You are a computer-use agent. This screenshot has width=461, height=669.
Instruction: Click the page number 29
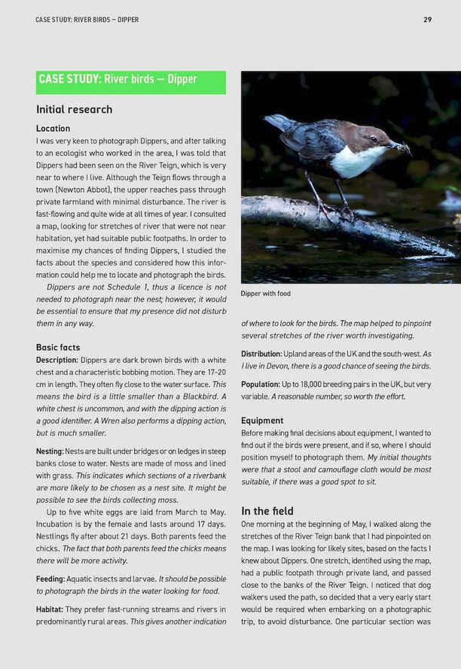(427, 19)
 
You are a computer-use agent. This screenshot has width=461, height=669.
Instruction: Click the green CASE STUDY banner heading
(118, 80)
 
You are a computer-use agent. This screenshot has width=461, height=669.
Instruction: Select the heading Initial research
(74, 109)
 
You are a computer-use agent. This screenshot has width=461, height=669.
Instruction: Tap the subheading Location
(53, 129)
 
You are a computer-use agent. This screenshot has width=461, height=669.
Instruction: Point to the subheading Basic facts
(58, 348)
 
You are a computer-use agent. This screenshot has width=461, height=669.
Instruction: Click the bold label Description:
(56, 360)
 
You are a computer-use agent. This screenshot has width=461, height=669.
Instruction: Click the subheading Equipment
(262, 421)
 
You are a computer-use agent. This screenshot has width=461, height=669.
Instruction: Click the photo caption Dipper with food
(265, 293)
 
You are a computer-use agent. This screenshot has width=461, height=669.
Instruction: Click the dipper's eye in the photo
(374, 138)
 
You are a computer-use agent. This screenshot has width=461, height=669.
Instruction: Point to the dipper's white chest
(356, 162)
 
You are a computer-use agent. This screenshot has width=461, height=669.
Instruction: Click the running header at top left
(87, 19)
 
